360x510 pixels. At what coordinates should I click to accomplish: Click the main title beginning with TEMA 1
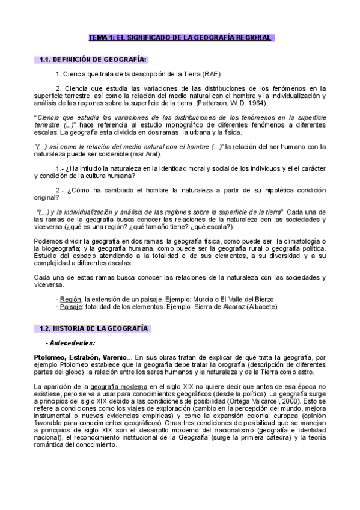pos(180,38)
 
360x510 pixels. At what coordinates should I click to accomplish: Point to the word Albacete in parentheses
pos(261,306)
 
